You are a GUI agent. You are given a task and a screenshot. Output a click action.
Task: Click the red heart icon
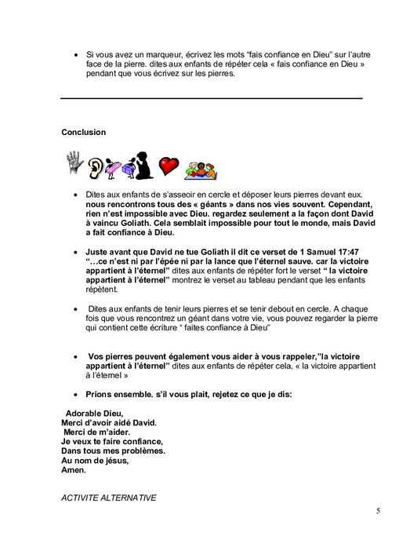tap(168, 166)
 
